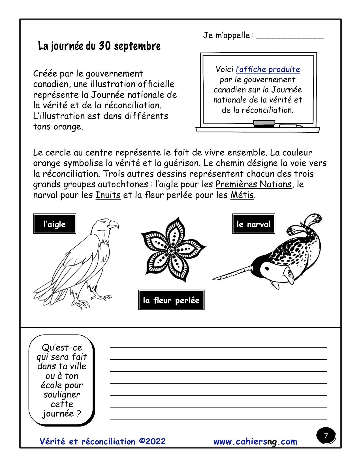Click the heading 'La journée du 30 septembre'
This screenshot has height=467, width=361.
99,46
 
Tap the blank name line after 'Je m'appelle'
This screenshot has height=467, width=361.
290,37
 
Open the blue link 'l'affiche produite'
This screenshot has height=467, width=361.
268,69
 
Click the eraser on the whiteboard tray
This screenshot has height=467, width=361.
264,123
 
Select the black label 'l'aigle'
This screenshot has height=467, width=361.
55,224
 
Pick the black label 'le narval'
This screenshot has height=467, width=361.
254,224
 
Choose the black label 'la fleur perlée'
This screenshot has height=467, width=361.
171,300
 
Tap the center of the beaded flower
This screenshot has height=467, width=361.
171,250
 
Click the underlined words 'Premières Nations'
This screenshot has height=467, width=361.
253,184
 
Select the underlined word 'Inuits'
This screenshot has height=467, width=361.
108,195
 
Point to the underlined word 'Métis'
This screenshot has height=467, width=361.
242,195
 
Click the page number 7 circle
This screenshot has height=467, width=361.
326,436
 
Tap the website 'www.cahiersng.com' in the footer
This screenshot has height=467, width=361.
255,442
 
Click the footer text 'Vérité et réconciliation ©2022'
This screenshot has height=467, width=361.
102,442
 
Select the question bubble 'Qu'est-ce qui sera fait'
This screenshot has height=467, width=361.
61,380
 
